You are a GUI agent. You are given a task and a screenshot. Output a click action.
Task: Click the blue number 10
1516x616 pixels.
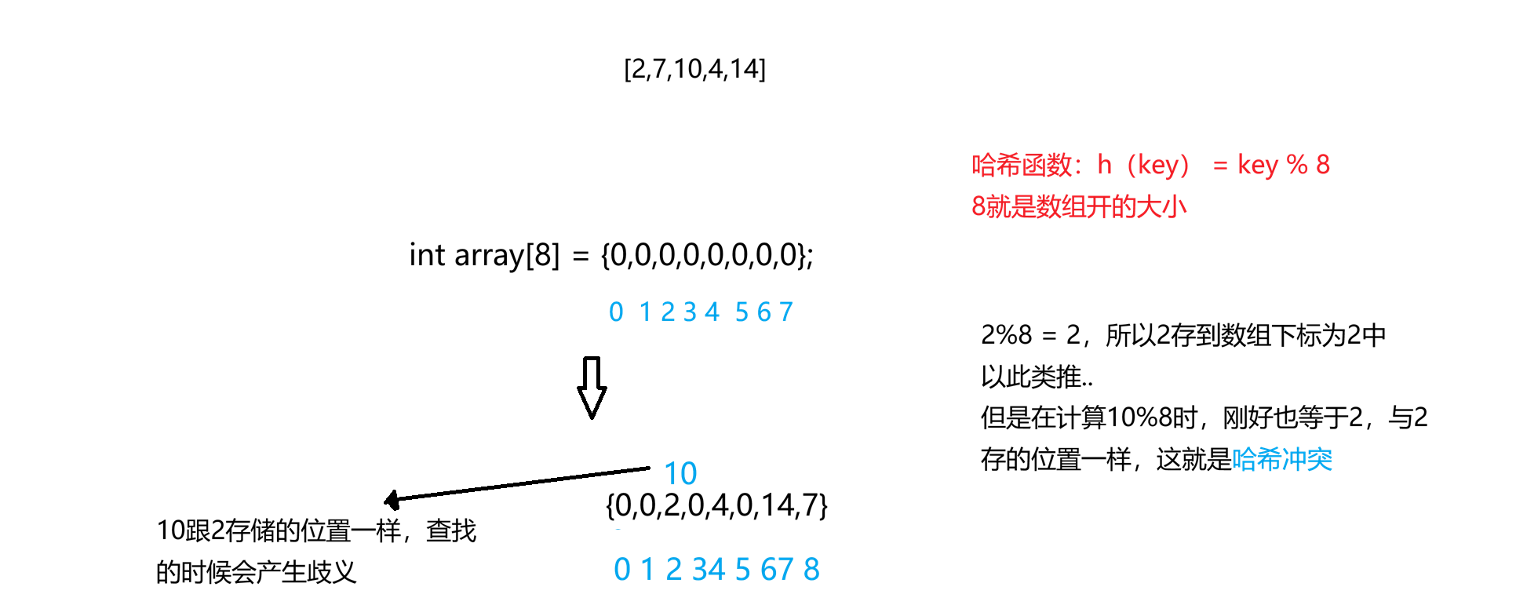pyautogui.click(x=680, y=474)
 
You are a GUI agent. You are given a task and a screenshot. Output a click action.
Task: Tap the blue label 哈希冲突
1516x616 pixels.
pyautogui.click(x=1282, y=460)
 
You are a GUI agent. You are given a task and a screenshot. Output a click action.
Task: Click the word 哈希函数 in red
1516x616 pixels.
pyautogui.click(x=1022, y=166)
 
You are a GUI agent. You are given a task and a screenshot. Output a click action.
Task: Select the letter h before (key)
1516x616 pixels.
pyautogui.click(x=1104, y=165)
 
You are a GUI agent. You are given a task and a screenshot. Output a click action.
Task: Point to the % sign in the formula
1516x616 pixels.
pyautogui.click(x=1297, y=165)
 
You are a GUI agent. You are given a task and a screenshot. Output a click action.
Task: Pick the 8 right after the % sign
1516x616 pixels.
pyautogui.click(x=1323, y=165)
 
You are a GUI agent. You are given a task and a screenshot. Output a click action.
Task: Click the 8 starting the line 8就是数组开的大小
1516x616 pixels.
pyautogui.click(x=978, y=207)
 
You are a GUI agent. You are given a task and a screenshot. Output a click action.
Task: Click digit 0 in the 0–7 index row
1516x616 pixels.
pyautogui.click(x=616, y=312)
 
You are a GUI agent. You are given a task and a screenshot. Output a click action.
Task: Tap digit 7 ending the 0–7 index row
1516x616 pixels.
pyautogui.click(x=786, y=312)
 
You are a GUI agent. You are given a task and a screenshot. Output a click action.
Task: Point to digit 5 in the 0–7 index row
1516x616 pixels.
pyautogui.click(x=742, y=312)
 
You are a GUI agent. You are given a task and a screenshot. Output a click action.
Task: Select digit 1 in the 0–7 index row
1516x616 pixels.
pyautogui.click(x=646, y=312)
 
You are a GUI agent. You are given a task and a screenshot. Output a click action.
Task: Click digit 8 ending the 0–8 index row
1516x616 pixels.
pyautogui.click(x=811, y=570)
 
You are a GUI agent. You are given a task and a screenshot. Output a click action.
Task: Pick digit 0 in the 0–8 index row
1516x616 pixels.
pyautogui.click(x=622, y=570)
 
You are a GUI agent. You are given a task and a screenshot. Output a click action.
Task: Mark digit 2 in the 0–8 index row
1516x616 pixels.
pyautogui.click(x=673, y=570)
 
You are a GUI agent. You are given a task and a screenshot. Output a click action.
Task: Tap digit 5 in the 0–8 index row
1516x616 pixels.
pyautogui.click(x=742, y=570)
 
